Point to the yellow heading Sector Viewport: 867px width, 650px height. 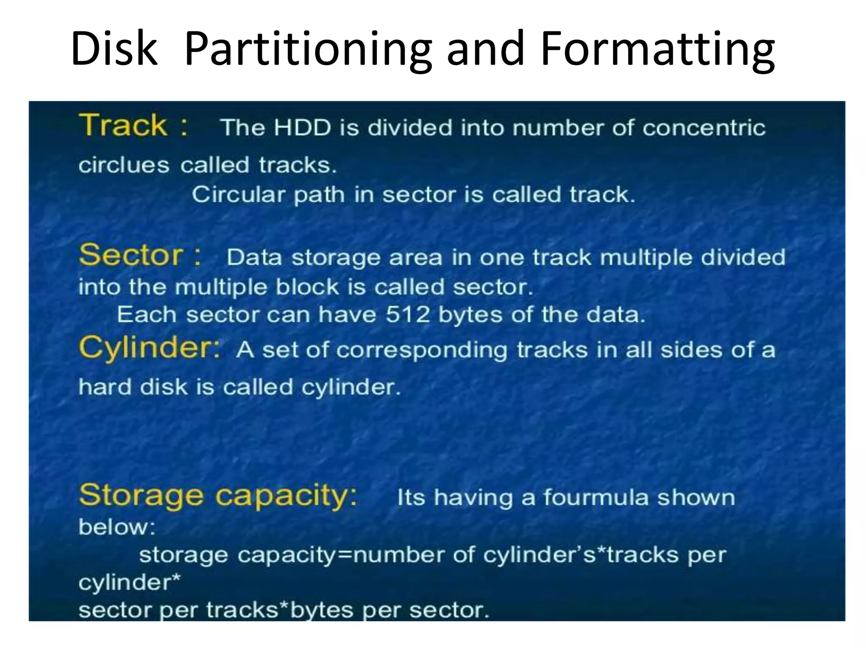[131, 255]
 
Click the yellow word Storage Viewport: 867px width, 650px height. [141, 495]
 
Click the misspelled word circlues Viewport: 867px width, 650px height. [124, 165]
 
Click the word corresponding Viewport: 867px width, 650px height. [422, 351]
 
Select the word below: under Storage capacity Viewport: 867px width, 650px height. [117, 527]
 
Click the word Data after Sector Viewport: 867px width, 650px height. [254, 257]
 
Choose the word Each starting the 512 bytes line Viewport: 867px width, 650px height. [146, 315]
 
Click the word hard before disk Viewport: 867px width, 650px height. [105, 387]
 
